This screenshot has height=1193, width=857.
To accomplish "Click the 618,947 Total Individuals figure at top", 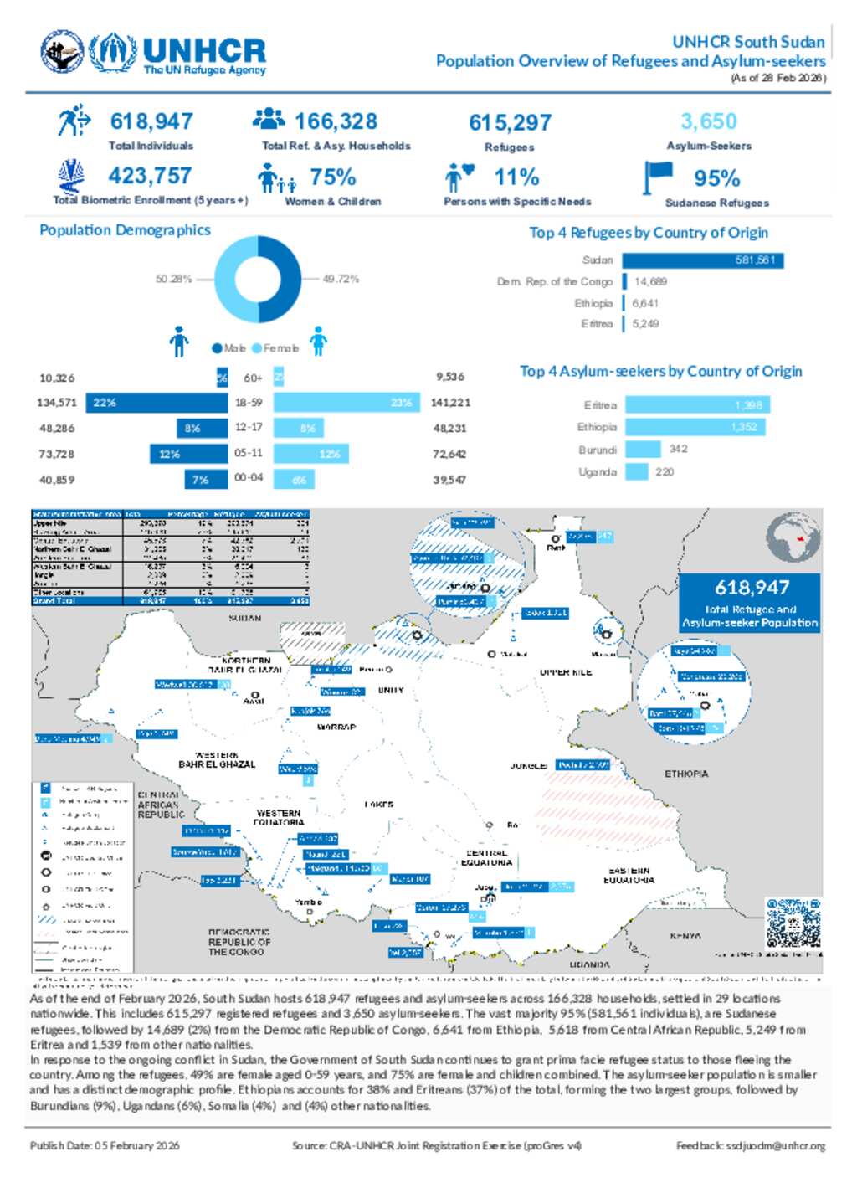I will click(151, 122).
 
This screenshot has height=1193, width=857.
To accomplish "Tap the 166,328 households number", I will click(336, 122).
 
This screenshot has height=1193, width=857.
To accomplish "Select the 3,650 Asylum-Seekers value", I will click(708, 122).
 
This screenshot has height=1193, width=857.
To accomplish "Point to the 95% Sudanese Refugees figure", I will click(716, 178).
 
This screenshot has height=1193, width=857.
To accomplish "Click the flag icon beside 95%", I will click(658, 177).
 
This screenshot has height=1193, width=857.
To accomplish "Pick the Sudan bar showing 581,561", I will click(703, 260).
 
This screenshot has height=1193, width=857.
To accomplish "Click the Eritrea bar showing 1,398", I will click(696, 405).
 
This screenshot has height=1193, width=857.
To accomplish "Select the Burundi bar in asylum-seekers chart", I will click(643, 450).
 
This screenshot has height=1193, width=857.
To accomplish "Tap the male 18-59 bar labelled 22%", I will click(157, 403).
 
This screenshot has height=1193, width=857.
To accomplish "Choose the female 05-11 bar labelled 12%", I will click(310, 454).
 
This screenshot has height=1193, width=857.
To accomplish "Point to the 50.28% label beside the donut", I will click(173, 279).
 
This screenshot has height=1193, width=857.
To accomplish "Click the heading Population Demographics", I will click(125, 230).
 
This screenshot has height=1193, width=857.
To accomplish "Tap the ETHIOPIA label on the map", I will click(686, 774).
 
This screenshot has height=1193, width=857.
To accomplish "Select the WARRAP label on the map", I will click(336, 728).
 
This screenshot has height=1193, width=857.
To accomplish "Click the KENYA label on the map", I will click(685, 936).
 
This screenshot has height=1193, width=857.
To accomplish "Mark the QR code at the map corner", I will click(793, 923).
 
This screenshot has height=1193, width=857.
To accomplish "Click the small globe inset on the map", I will click(793, 541).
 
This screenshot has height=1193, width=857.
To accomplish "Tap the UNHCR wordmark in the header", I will click(204, 51).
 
